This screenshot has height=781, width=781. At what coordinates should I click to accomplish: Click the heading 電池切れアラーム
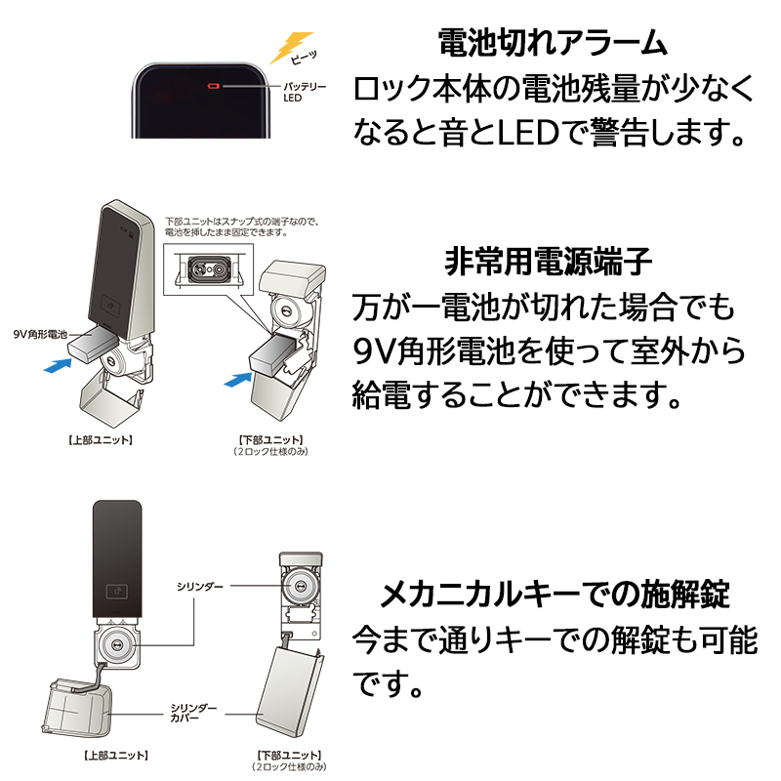click(x=552, y=44)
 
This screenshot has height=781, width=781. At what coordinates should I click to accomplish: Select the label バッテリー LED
click(x=304, y=93)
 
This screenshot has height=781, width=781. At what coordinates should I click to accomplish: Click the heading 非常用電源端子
click(x=548, y=262)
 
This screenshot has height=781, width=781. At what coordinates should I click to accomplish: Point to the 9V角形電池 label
click(x=40, y=334)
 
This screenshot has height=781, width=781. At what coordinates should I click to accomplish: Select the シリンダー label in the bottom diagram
click(x=199, y=586)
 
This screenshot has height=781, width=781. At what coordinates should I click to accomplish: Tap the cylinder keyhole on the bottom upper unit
click(x=118, y=645)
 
